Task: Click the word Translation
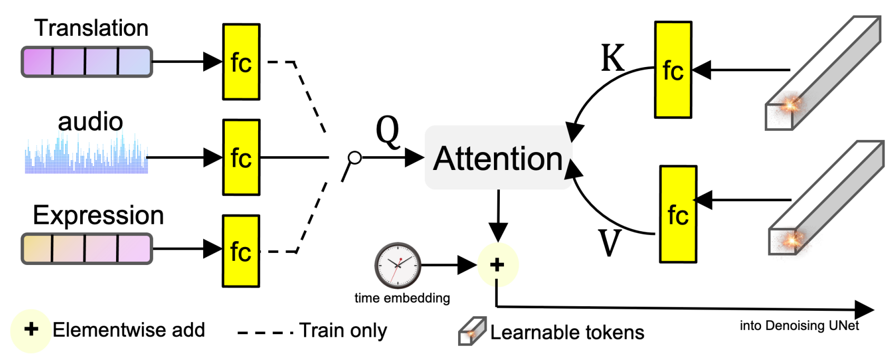[91, 28]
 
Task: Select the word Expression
[98, 215]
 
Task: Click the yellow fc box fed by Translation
[241, 62]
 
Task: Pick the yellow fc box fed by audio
[241, 157]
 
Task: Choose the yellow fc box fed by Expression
[241, 251]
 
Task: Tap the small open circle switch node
[355, 157]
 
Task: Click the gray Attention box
[498, 158]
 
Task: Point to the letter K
[613, 58]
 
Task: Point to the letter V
[610, 243]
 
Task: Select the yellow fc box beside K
[673, 70]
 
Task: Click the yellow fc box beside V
[678, 214]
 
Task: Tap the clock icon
[397, 265]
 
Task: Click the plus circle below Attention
[497, 264]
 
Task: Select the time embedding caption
[402, 298]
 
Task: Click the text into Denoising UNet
[799, 326]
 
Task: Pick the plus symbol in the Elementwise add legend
[31, 329]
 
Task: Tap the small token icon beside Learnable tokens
[471, 331]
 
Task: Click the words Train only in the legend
[343, 330]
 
